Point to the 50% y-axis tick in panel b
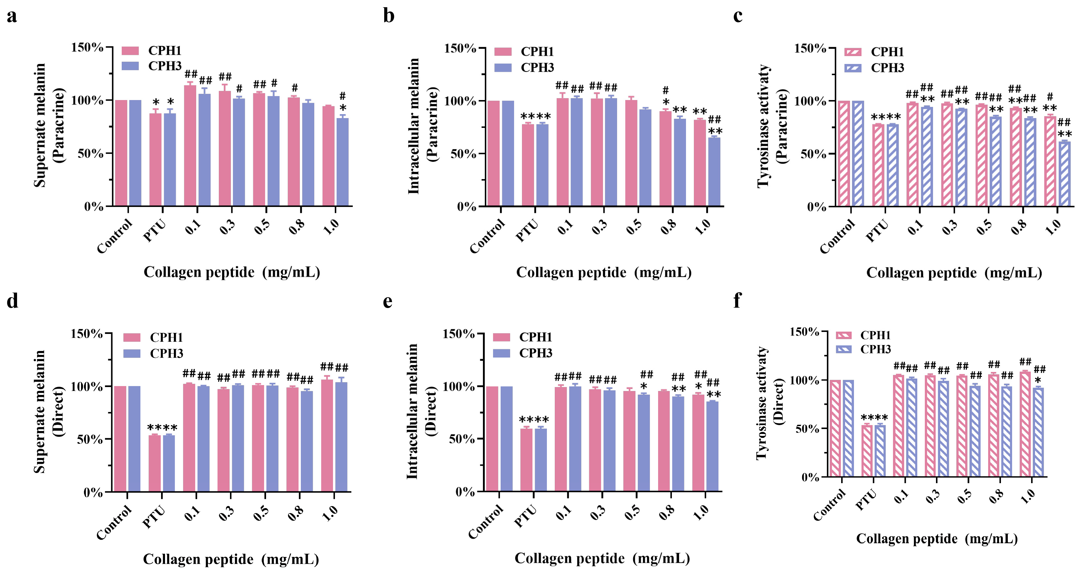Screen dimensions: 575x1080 (x=466, y=154)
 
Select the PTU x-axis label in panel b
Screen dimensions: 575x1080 (x=527, y=231)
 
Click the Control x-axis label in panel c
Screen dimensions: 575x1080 (x=837, y=237)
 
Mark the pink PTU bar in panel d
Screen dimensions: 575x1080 (x=155, y=463)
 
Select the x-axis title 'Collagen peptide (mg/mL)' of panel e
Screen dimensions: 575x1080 (x=602, y=559)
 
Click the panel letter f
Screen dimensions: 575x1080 (x=737, y=301)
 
